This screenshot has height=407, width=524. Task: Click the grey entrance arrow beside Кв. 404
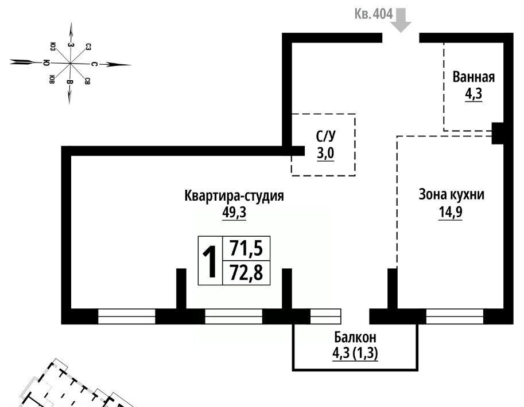(401, 20)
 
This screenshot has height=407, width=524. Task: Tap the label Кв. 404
(374, 14)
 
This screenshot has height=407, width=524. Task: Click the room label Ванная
(473, 77)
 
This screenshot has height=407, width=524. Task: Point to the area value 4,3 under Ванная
(473, 94)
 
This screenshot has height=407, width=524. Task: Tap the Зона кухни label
(451, 194)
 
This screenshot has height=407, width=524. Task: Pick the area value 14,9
(451, 212)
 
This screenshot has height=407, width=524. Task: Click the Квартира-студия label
(234, 195)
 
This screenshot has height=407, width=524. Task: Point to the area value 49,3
(234, 212)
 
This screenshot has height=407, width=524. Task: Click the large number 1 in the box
(211, 261)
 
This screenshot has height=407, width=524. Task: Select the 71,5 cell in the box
(246, 248)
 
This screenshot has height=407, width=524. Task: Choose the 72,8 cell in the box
(246, 272)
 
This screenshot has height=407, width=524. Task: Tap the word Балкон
(355, 337)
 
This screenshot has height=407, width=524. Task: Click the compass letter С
(95, 64)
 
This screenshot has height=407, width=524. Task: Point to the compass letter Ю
(46, 62)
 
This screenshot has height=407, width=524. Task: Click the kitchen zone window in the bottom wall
(455, 316)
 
